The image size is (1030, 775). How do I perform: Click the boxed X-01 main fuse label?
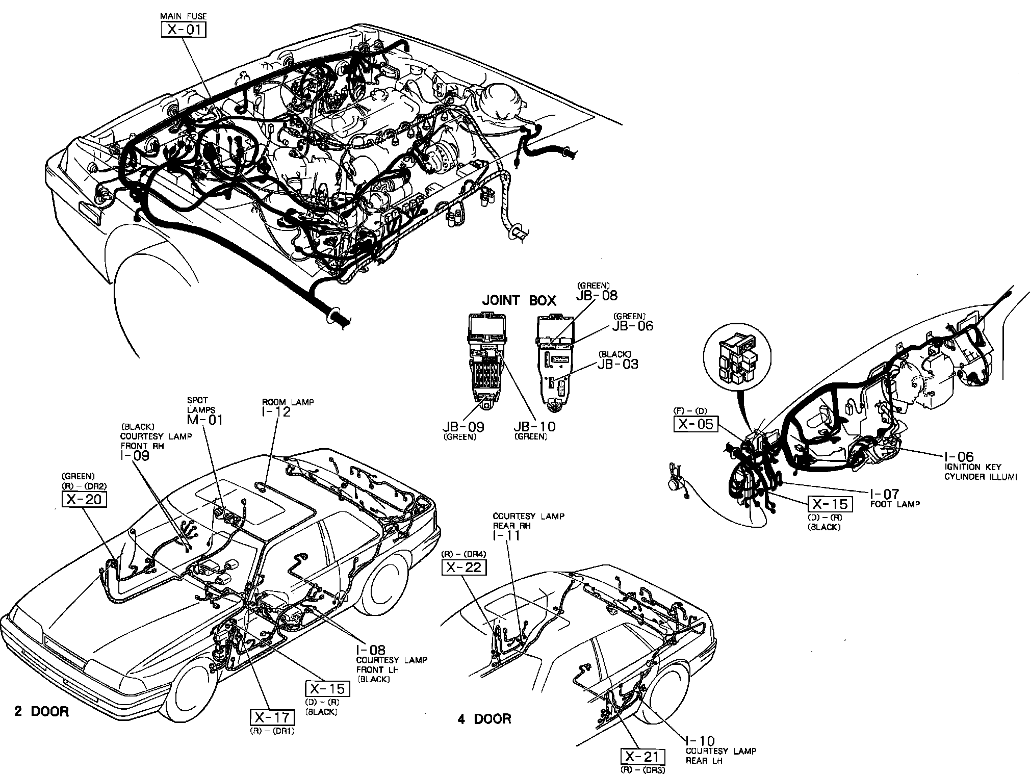coord(184,30)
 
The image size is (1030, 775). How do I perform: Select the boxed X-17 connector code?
coord(272,718)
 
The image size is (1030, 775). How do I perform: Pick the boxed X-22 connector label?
coord(463,567)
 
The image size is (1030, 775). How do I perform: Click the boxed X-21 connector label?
coord(643,757)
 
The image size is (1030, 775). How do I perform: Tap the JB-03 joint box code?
coord(617,364)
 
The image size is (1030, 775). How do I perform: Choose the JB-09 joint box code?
coord(463,426)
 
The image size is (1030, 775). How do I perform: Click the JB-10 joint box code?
coord(534,426)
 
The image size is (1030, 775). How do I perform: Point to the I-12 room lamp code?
coord(276,412)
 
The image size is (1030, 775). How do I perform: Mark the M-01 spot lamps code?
coord(204,419)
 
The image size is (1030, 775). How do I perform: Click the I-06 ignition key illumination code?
coord(959,457)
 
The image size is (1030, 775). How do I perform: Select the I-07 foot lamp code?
coord(885,494)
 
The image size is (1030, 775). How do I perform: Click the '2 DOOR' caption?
coord(41,712)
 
